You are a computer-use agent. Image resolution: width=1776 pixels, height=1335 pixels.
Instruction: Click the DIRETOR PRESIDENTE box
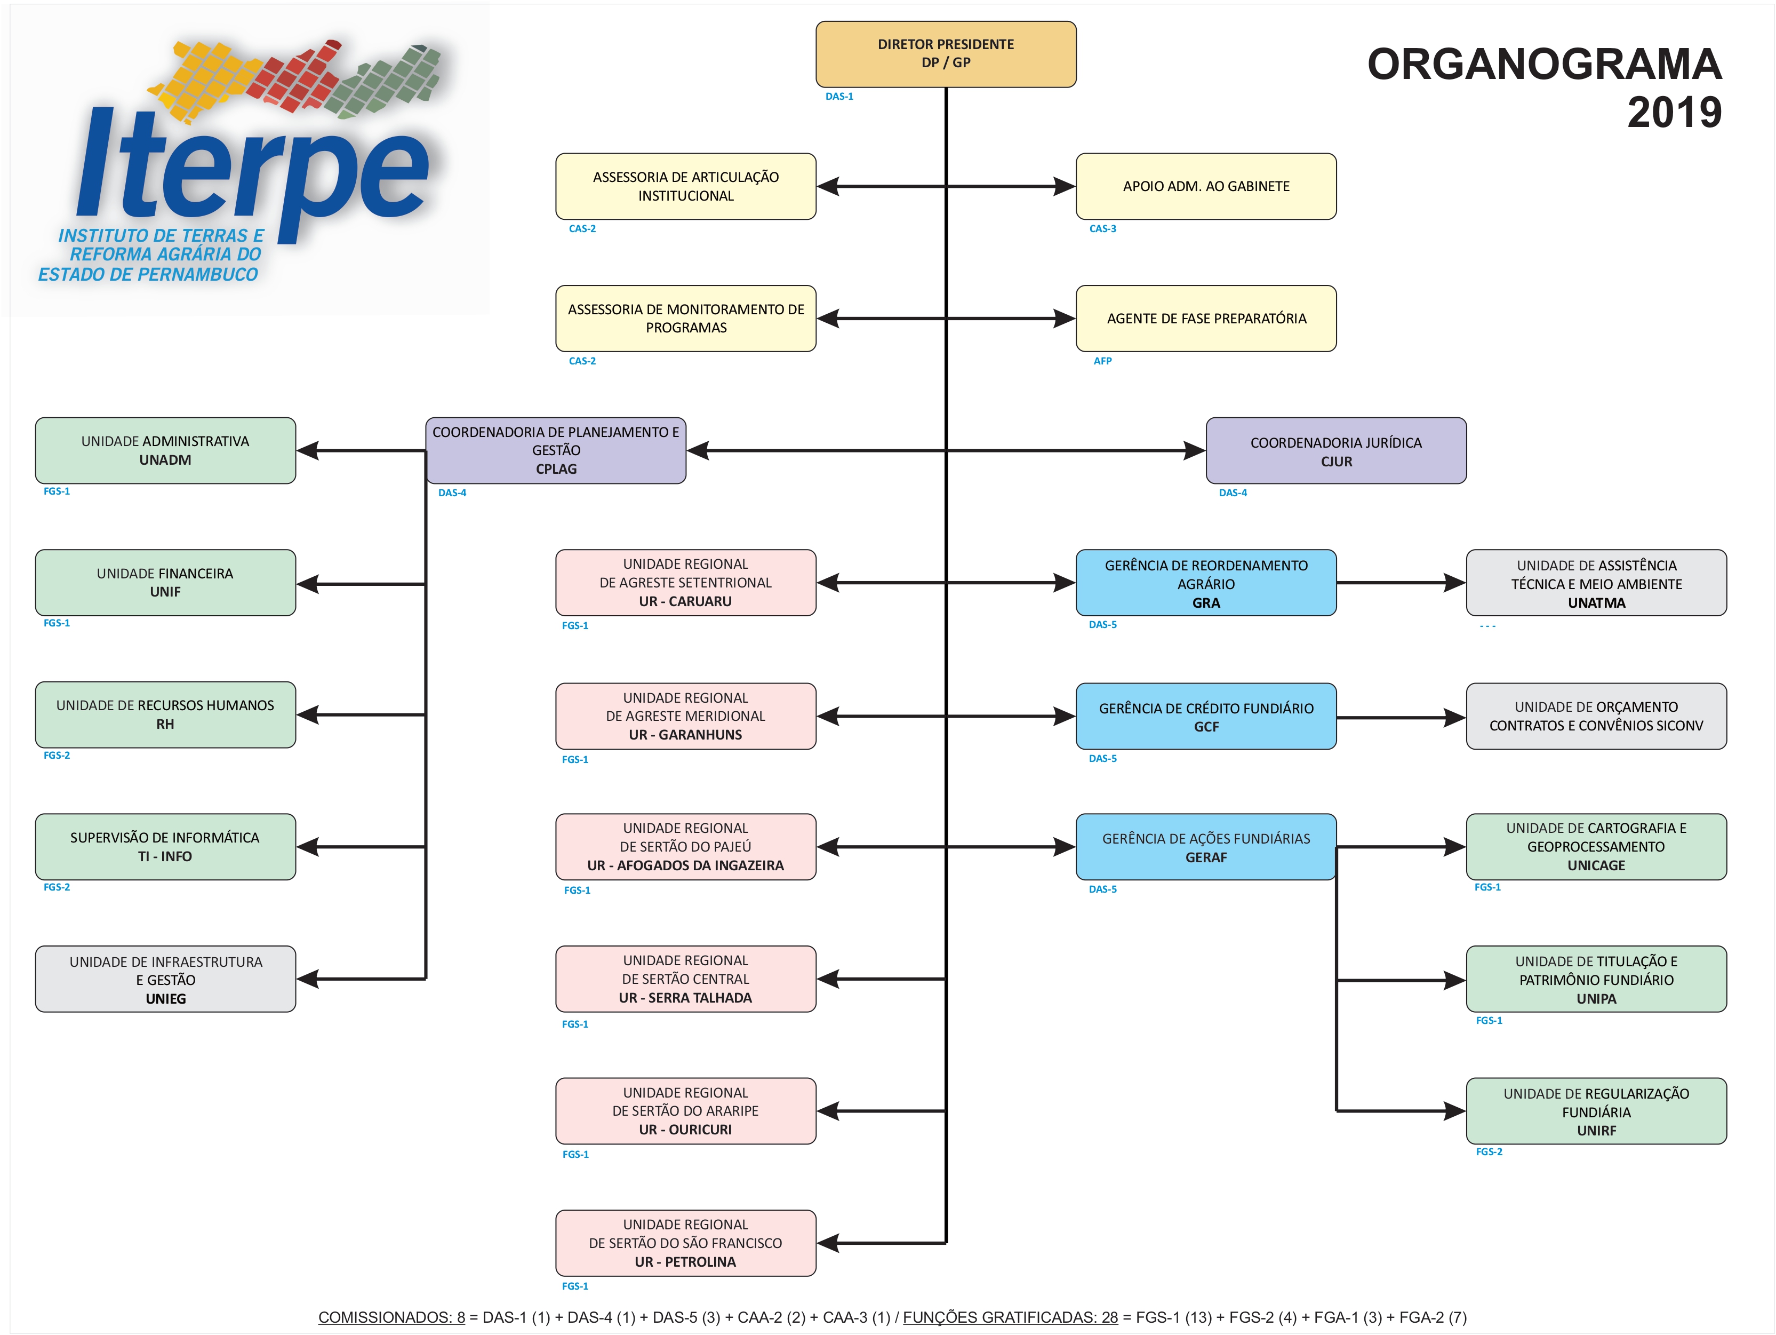(x=945, y=54)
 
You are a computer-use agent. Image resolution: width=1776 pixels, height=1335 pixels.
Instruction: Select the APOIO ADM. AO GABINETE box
(x=1205, y=186)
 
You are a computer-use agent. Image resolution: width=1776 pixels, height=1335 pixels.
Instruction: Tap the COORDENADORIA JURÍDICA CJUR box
(x=1335, y=451)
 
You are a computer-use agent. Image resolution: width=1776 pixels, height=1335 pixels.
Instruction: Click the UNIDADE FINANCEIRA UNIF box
(x=165, y=582)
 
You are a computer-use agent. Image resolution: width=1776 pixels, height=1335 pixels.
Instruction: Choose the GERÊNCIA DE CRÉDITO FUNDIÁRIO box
(x=1205, y=717)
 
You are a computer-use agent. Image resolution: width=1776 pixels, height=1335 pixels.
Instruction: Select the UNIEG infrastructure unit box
(x=165, y=979)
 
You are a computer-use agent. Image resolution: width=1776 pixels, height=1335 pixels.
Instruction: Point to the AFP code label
(x=1102, y=361)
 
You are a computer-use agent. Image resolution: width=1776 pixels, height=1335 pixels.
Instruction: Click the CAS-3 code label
(x=1102, y=229)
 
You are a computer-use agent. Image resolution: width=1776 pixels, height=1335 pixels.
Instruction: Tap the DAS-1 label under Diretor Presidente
(x=839, y=97)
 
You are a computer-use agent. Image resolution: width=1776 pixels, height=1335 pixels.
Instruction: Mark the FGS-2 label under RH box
(x=56, y=755)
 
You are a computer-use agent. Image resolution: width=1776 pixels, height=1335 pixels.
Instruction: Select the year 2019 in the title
(x=1674, y=113)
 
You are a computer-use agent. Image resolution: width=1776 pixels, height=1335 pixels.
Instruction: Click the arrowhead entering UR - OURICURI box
(x=829, y=1111)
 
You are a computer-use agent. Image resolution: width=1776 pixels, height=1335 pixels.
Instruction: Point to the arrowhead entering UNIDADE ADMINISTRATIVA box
(x=308, y=451)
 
